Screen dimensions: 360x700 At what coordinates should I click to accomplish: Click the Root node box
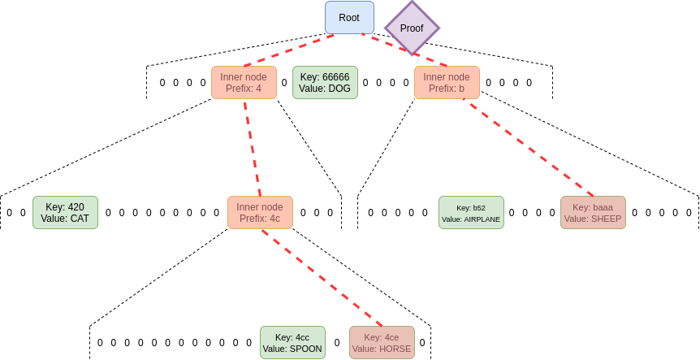pos(349,17)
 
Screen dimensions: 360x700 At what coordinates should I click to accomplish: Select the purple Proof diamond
pos(412,28)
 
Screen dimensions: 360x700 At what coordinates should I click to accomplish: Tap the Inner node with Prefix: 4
pos(244,83)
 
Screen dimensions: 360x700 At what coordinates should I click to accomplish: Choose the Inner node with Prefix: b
pos(447,83)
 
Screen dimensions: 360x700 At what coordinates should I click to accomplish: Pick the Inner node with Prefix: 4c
pos(260,212)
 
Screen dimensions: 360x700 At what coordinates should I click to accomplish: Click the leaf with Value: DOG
pos(325,83)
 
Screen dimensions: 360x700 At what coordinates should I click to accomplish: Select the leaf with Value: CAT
pos(65,212)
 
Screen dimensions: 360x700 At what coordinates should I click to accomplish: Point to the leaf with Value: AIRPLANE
pos(471,213)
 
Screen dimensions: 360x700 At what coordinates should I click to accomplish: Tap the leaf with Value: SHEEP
pos(593,213)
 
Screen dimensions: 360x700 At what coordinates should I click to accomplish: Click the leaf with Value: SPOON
pos(292,343)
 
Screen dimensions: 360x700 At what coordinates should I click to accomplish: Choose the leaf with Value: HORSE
pos(382,343)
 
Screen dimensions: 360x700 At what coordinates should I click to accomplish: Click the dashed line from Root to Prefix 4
pos(289,50)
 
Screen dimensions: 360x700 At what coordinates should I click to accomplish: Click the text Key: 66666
pos(325,77)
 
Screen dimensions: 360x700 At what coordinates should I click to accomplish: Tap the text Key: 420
pos(65,206)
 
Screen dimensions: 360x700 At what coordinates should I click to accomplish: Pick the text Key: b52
pos(471,207)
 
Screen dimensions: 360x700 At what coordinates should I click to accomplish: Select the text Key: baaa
pos(593,207)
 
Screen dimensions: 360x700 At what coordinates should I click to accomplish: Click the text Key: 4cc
pos(292,337)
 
